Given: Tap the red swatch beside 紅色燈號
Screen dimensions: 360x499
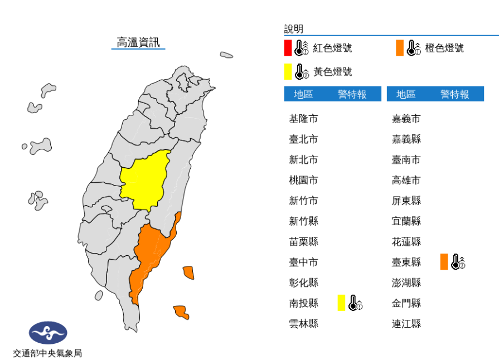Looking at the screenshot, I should [288, 48].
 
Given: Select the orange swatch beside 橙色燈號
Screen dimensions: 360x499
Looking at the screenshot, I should [400, 48].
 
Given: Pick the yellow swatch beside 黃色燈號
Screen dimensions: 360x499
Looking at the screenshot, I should [288, 72].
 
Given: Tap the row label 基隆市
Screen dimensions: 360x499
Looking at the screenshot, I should [303, 119].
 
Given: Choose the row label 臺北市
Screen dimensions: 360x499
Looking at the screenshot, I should [303, 139].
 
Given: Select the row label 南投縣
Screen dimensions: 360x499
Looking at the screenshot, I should [303, 303].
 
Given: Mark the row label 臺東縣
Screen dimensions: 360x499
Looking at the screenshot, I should [406, 262].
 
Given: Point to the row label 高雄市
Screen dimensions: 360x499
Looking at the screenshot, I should [406, 180].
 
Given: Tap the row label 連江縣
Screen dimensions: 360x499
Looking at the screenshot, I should [406, 324].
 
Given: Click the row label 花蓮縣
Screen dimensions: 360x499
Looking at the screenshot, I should [406, 242].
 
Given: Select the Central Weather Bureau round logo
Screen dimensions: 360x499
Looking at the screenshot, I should [48, 333].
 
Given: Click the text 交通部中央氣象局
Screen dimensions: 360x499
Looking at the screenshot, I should [48, 353].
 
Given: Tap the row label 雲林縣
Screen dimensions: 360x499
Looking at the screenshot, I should [303, 324].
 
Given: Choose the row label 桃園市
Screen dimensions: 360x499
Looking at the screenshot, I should [303, 180].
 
